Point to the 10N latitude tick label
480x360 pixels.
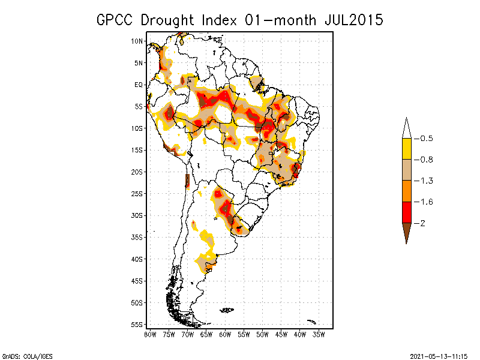[x=137, y=41]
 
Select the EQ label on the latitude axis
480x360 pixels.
[x=138, y=85]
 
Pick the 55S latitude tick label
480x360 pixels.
[x=137, y=324]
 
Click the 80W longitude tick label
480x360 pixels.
[x=150, y=334]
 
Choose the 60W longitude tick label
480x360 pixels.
[x=225, y=334]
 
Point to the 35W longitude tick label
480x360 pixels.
[x=319, y=334]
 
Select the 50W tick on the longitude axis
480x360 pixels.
[x=262, y=334]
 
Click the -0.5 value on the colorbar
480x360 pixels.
[x=426, y=139]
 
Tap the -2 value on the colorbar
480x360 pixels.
[x=422, y=223]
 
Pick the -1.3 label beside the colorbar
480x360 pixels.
[x=426, y=181]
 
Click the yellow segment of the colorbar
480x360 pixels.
[x=406, y=149]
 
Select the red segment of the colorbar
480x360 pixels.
[x=406, y=212]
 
